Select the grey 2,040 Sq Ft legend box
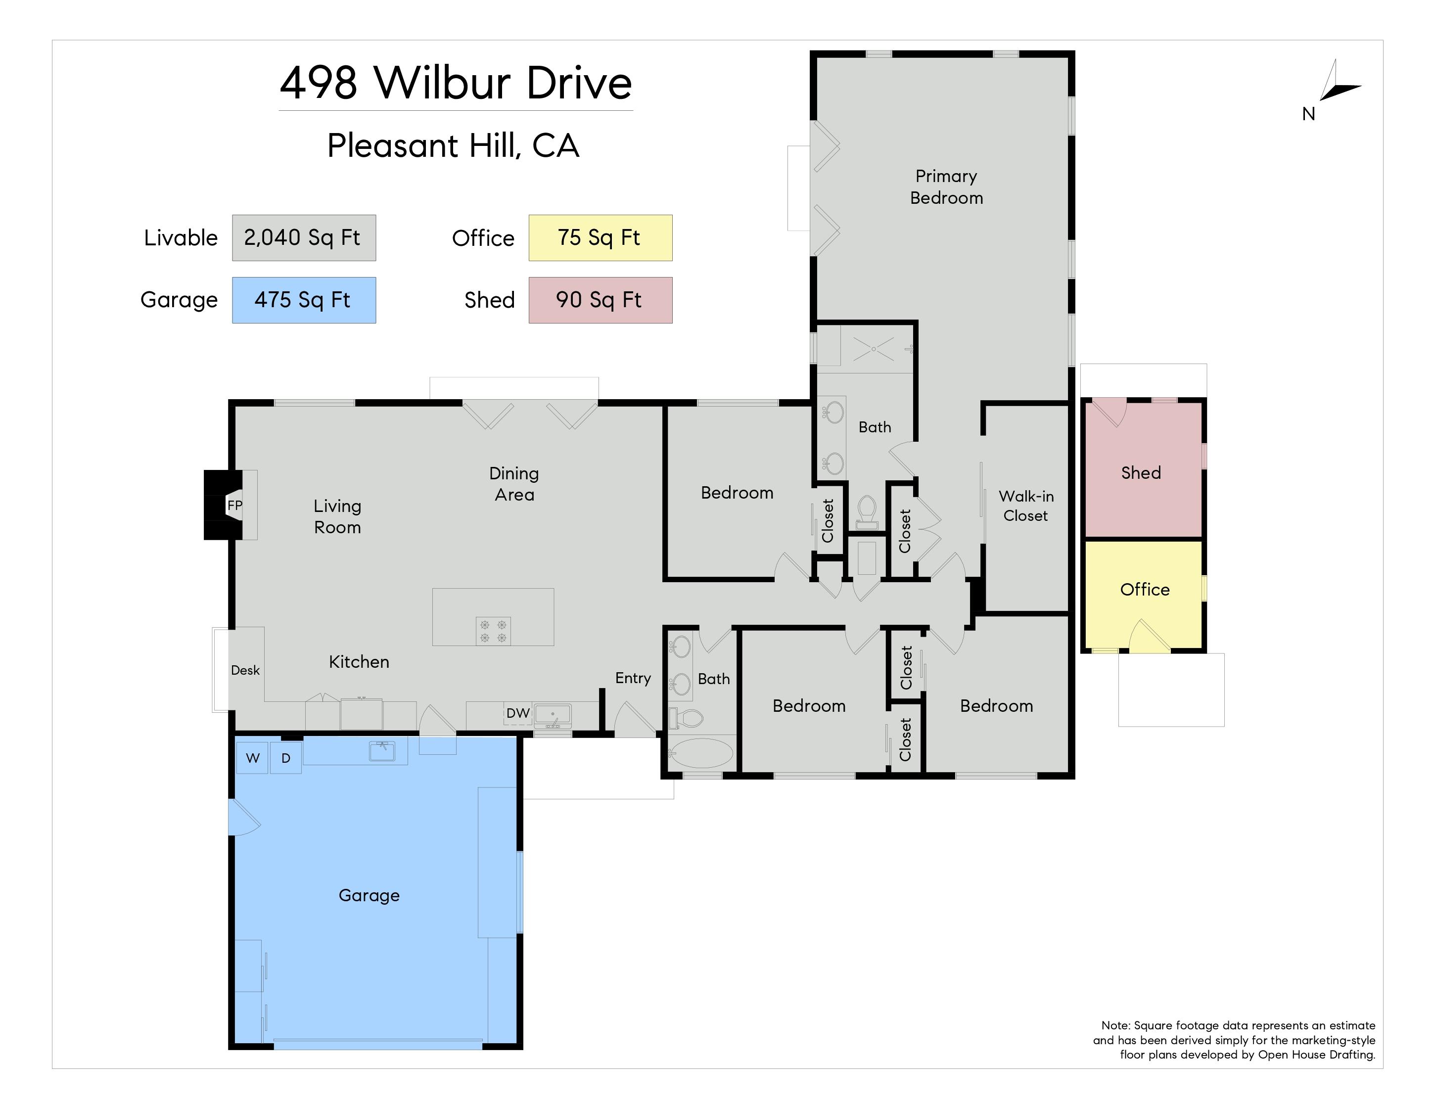click(304, 237)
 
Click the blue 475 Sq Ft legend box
click(304, 300)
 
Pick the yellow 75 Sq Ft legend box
click(600, 237)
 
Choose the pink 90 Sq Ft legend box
click(600, 300)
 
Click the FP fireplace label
click(234, 506)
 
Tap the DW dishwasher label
click(518, 713)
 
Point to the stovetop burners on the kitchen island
click(493, 631)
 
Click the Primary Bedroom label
click(946, 187)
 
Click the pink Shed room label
click(1141, 472)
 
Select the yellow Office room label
click(1145, 590)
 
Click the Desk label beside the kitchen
click(245, 670)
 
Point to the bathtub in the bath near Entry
click(700, 753)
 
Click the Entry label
click(633, 679)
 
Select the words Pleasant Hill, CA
click(453, 146)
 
